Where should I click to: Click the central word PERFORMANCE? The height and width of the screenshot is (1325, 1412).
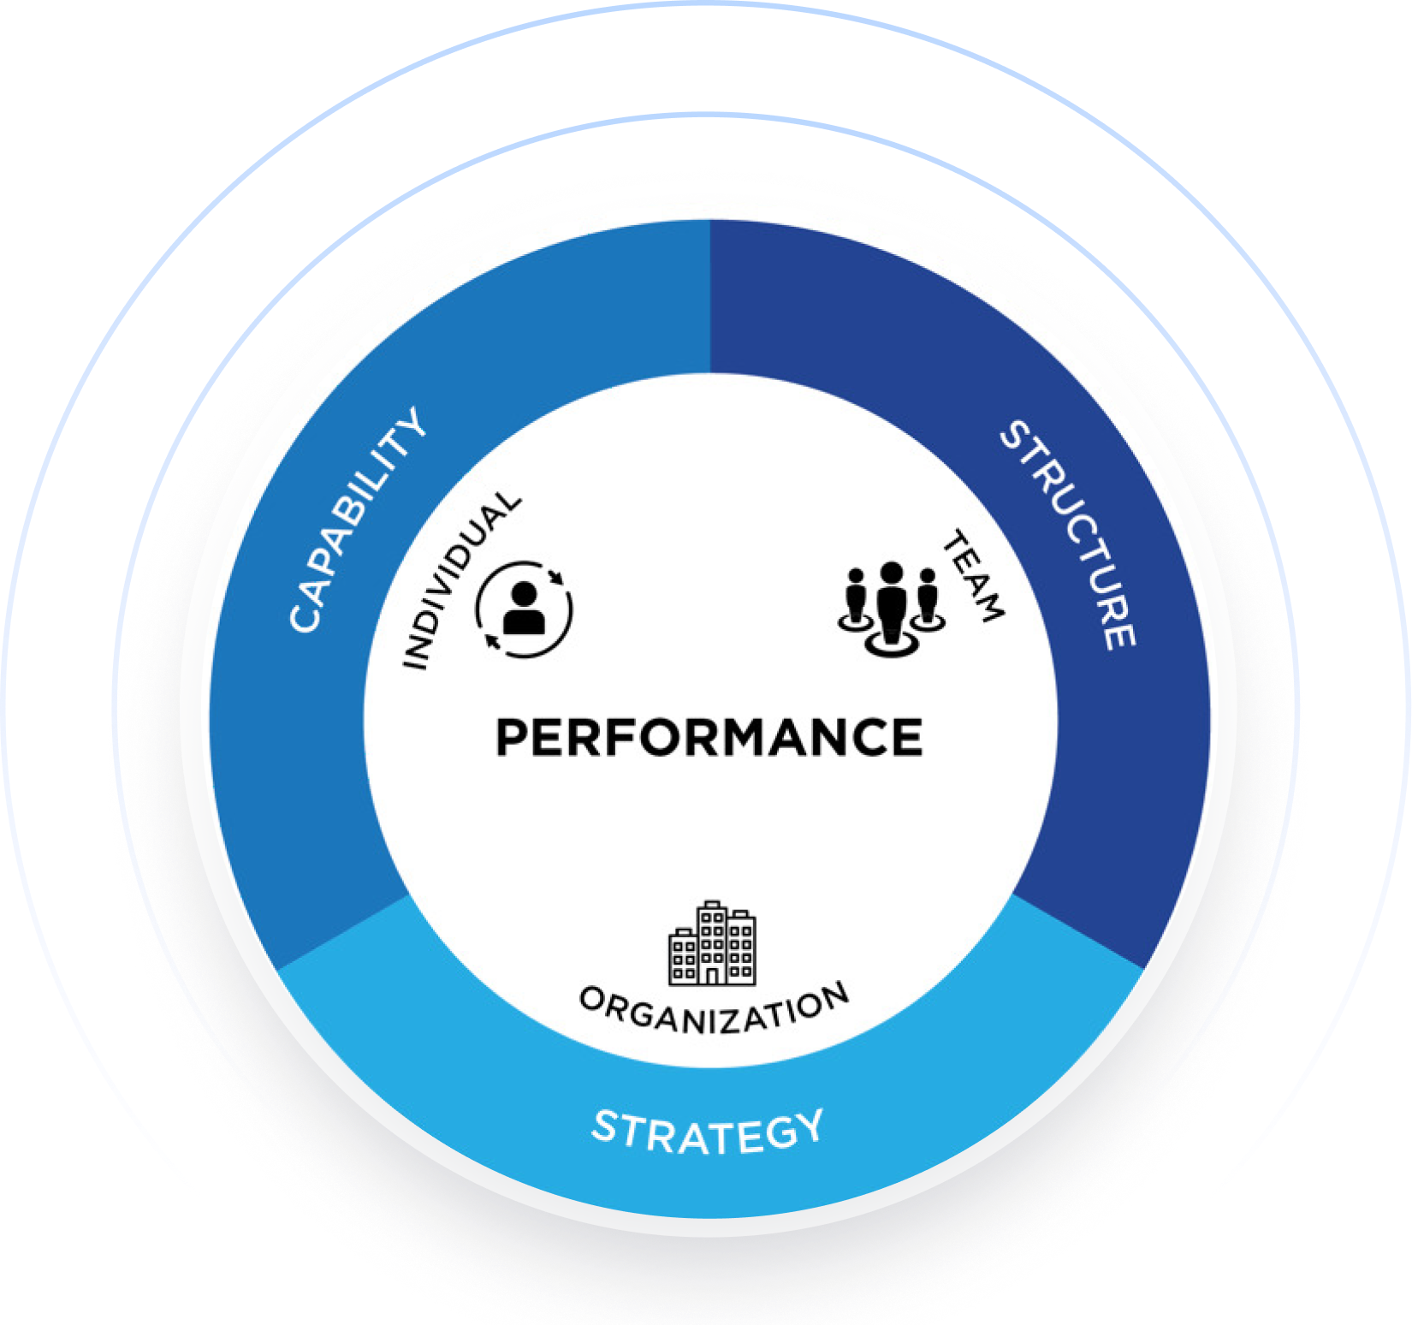(709, 738)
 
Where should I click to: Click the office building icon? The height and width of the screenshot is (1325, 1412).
(712, 943)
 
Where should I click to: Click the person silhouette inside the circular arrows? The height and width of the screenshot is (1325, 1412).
(524, 609)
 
